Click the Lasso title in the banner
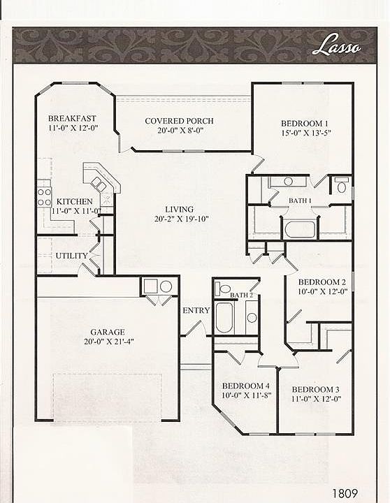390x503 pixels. [x=336, y=45]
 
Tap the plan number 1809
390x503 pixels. [x=345, y=493]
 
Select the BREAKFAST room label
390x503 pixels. [x=72, y=118]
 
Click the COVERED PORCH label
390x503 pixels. [x=179, y=121]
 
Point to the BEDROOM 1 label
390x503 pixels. [x=305, y=123]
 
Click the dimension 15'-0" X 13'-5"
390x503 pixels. [x=306, y=133]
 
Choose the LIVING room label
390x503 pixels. [x=179, y=210]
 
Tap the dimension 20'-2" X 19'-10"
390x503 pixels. [x=181, y=219]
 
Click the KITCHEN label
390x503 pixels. [x=75, y=201]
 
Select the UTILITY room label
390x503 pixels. [x=71, y=256]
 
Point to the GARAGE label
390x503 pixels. [x=108, y=332]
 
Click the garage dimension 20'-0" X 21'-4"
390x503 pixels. [x=109, y=342]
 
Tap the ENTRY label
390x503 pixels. [x=196, y=310]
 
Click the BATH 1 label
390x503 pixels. [x=300, y=201]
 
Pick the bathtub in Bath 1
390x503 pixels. [x=300, y=229]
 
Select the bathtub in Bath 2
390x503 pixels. [x=224, y=318]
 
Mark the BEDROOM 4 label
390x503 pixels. [x=245, y=386]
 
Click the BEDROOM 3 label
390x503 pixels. [x=315, y=389]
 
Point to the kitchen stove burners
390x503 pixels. [x=44, y=197]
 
